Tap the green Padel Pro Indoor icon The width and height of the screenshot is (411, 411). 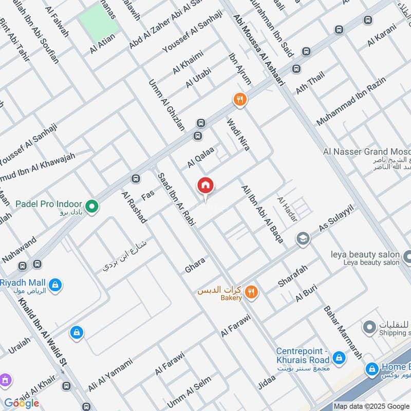(x=92, y=207)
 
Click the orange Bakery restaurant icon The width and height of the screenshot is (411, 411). (x=251, y=292)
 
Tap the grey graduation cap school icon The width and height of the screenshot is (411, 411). (x=303, y=238)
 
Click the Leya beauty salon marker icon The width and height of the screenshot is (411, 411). (x=407, y=256)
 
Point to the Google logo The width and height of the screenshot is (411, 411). (x=22, y=403)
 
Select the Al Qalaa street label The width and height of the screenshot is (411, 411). (x=200, y=157)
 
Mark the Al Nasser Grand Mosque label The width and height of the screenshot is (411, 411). (x=366, y=152)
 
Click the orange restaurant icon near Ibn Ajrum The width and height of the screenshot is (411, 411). (x=240, y=100)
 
